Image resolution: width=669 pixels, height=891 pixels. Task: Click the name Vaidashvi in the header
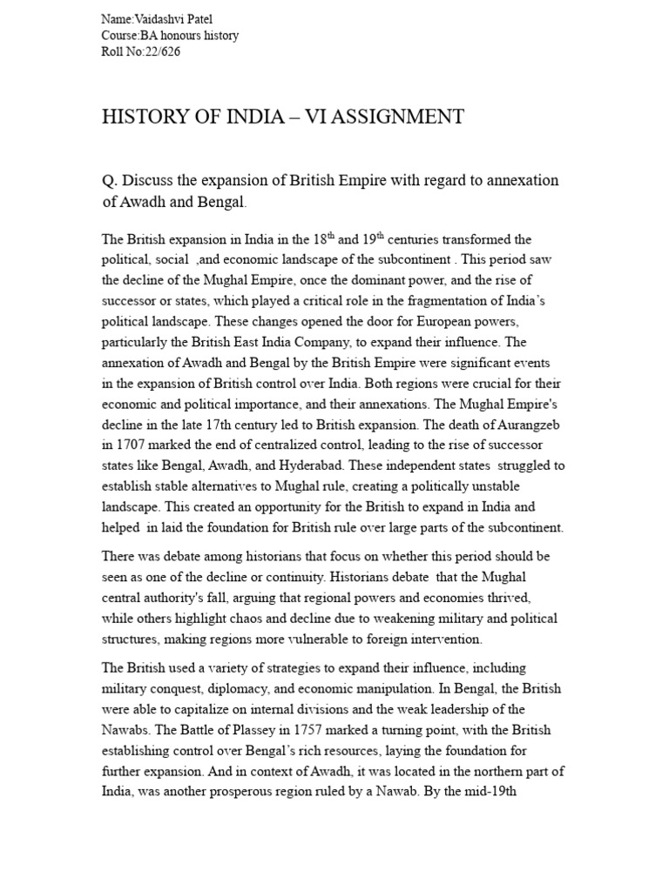tap(166, 19)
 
